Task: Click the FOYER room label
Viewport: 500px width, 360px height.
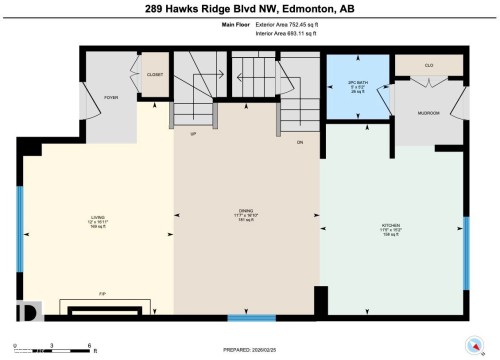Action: click(x=112, y=97)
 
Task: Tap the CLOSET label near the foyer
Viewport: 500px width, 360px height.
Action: click(x=154, y=73)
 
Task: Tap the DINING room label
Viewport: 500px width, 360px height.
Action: click(x=246, y=212)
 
